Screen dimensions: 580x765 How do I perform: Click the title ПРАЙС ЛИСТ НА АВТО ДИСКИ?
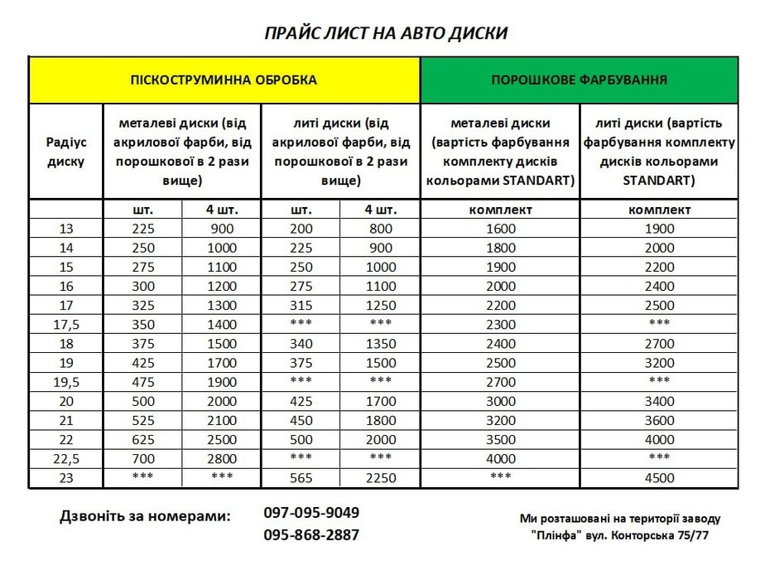[x=385, y=33]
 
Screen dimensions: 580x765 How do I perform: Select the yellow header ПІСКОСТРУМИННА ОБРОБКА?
[x=224, y=80]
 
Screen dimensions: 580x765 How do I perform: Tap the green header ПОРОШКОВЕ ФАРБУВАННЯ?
[x=580, y=80]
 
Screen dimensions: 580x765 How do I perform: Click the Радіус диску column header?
[x=66, y=152]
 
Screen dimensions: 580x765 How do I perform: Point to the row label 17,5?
[x=66, y=325]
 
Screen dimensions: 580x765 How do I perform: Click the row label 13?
[x=66, y=229]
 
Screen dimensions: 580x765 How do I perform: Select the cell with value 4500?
[x=659, y=478]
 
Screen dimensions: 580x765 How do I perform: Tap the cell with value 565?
[x=301, y=478]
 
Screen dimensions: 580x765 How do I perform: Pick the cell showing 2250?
[x=380, y=478]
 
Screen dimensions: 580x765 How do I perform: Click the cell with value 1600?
[x=500, y=229]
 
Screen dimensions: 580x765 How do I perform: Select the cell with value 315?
[x=301, y=306]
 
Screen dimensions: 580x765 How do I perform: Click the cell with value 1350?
[x=380, y=344]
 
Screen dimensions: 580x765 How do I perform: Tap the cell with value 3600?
[x=659, y=420]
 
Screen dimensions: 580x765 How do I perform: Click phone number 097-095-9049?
[x=311, y=513]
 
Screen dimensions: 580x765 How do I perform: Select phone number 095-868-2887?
[x=311, y=535]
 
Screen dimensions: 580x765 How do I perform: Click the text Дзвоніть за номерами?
[x=145, y=516]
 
